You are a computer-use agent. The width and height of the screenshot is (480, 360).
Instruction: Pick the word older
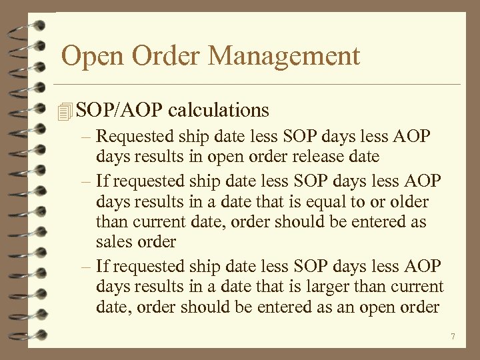pos(408,201)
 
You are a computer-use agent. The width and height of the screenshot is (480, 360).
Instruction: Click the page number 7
pos(453,337)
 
